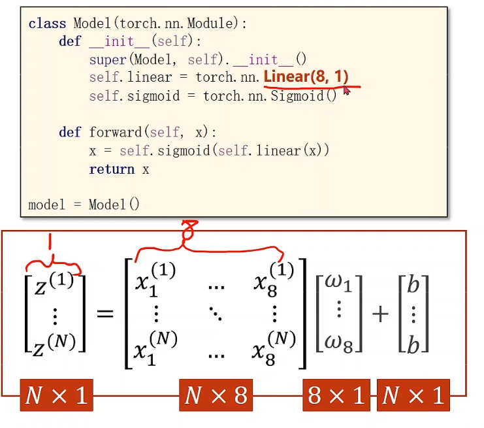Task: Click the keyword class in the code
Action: [x=47, y=24]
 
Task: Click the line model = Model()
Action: [x=84, y=205]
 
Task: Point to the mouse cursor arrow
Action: [x=346, y=90]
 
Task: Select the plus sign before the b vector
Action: [x=379, y=314]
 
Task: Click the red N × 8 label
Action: [x=216, y=395]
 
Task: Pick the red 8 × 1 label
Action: [x=336, y=395]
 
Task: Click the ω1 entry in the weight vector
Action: [x=338, y=284]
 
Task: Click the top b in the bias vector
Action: [x=413, y=284]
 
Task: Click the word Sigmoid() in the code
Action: [x=304, y=96]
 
